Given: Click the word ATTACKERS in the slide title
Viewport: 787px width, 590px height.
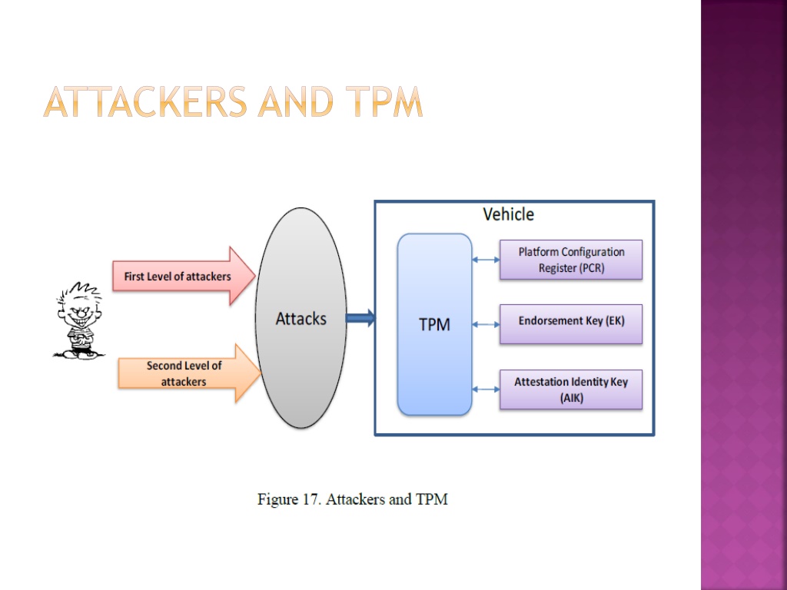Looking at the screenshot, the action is pyautogui.click(x=145, y=102).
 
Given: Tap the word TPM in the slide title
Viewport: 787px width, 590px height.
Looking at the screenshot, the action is pyautogui.click(x=384, y=102).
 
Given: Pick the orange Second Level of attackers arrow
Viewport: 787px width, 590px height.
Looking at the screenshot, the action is pyautogui.click(x=190, y=373).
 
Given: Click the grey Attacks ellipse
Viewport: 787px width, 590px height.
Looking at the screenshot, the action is pyautogui.click(x=301, y=318).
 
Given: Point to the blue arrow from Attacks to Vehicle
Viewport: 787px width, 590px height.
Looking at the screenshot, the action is pyautogui.click(x=361, y=318).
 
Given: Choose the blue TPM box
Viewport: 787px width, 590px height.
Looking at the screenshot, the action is pyautogui.click(x=435, y=325).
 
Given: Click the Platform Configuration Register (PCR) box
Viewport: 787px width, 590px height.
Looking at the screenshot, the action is pyautogui.click(x=571, y=260).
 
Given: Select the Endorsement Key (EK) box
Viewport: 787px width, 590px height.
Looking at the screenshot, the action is pyautogui.click(x=571, y=324).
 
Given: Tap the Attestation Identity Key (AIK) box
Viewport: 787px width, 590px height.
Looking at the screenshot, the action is pyautogui.click(x=571, y=389).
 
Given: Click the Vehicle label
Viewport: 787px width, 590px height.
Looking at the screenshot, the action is pyautogui.click(x=509, y=215).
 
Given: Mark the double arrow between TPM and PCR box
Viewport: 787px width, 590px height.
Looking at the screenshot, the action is pyautogui.click(x=486, y=260).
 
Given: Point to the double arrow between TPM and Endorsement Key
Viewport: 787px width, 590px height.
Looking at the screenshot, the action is pyautogui.click(x=486, y=325).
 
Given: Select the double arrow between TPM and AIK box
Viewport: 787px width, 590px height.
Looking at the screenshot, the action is pyautogui.click(x=486, y=389).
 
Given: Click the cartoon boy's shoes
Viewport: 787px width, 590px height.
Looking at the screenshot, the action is pyautogui.click(x=80, y=354).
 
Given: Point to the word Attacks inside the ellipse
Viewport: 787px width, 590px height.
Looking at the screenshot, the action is pyautogui.click(x=301, y=319).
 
